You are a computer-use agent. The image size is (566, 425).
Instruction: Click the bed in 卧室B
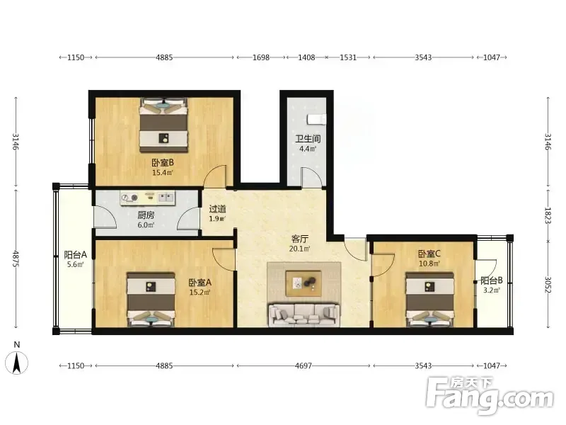pyautogui.click(x=164, y=125)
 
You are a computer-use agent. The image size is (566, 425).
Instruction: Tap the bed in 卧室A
pyautogui.click(x=151, y=300)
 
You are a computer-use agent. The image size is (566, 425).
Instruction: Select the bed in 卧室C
pyautogui.click(x=429, y=300)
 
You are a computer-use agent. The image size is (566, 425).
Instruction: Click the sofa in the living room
pyautogui.click(x=304, y=314)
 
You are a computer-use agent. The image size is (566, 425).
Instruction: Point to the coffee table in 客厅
pyautogui.click(x=304, y=283)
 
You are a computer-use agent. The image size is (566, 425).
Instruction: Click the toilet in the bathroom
pyautogui.click(x=316, y=118)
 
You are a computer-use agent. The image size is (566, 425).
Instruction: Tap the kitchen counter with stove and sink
pyautogui.click(x=148, y=198)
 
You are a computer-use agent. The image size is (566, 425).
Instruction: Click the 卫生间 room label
pyautogui.click(x=308, y=139)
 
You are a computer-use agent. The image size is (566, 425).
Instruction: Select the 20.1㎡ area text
pyautogui.click(x=299, y=249)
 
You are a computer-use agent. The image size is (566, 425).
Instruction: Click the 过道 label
pyautogui.click(x=218, y=209)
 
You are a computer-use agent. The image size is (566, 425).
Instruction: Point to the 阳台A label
pyautogui.click(x=76, y=255)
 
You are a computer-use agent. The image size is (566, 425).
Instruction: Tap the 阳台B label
pyautogui.click(x=491, y=280)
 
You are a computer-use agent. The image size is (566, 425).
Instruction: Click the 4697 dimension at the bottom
pyautogui.click(x=304, y=365)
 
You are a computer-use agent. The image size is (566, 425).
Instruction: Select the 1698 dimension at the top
pyautogui.click(x=261, y=57)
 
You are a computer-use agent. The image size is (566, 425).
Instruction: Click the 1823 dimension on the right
pyautogui.click(x=548, y=215)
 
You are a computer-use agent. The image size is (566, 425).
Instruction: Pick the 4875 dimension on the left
pyautogui.click(x=16, y=259)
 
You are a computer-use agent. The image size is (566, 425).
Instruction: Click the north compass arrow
pyautogui.click(x=16, y=363)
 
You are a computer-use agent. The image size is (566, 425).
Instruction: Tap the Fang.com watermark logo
pyautogui.click(x=490, y=397)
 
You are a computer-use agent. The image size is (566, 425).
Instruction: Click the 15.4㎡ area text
pyautogui.click(x=163, y=173)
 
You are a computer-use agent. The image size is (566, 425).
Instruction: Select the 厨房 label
pyautogui.click(x=146, y=215)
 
